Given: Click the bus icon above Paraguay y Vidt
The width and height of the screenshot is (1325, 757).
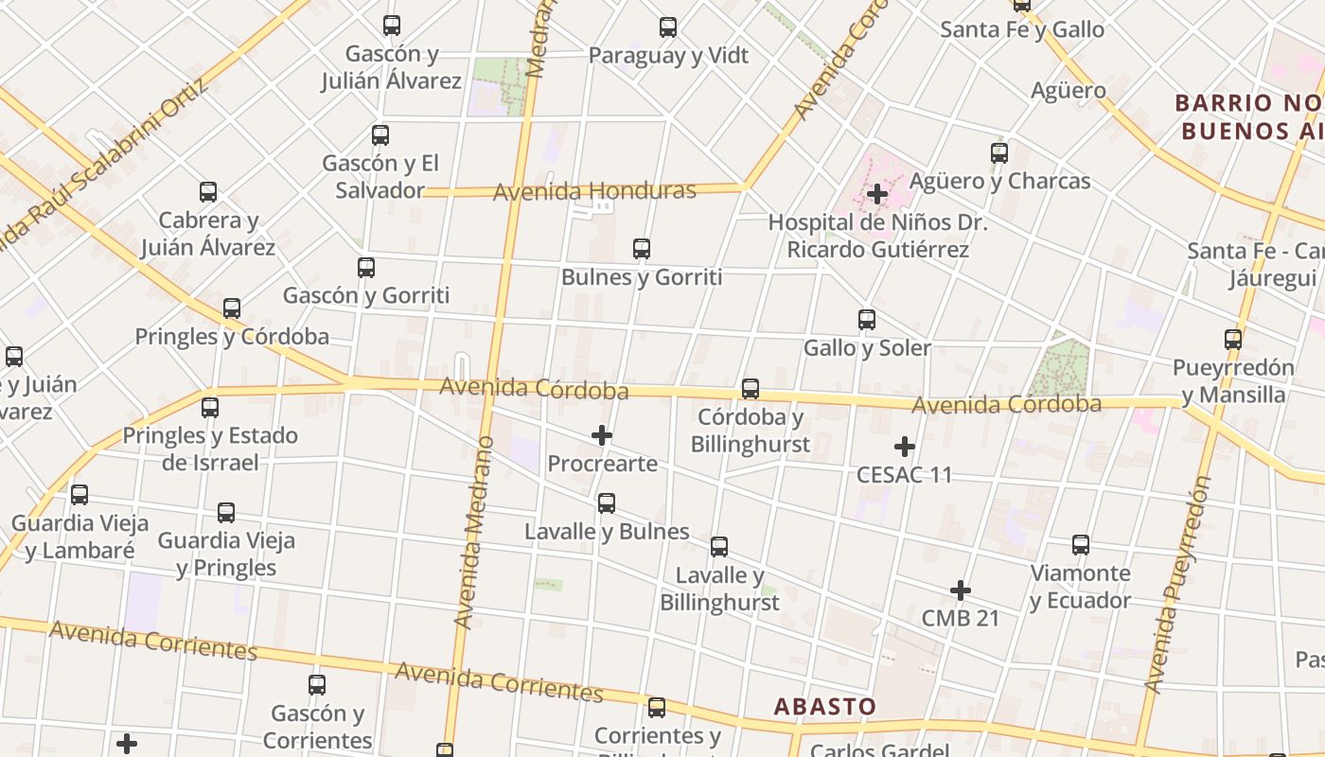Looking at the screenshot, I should pyautogui.click(x=668, y=27).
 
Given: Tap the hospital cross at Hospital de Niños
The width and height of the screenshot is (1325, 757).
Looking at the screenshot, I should pyautogui.click(x=877, y=195).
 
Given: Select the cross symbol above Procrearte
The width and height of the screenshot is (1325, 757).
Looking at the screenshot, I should pyautogui.click(x=602, y=435).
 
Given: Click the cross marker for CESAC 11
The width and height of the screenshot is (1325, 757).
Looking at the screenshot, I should pyautogui.click(x=905, y=447).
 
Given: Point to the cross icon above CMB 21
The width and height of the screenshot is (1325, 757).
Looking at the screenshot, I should pyautogui.click(x=961, y=590).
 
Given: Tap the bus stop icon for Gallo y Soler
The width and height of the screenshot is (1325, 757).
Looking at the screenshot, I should pyautogui.click(x=867, y=320).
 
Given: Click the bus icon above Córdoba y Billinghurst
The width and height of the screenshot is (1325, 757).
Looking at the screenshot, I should pyautogui.click(x=751, y=389).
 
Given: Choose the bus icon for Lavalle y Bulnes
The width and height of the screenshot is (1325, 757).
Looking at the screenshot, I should pyautogui.click(x=607, y=503).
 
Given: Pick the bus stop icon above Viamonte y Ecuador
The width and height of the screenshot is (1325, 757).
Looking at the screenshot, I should pyautogui.click(x=1081, y=545).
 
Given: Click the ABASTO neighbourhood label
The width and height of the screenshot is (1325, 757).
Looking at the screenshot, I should pyautogui.click(x=824, y=706).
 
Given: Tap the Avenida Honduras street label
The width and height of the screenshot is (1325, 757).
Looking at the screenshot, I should pyautogui.click(x=594, y=191).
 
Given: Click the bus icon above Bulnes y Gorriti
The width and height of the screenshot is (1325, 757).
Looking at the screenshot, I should pyautogui.click(x=642, y=249).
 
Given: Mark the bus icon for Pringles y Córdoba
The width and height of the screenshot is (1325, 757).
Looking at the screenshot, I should pyautogui.click(x=232, y=308).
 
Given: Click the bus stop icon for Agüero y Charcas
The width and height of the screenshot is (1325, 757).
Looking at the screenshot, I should pyautogui.click(x=999, y=153).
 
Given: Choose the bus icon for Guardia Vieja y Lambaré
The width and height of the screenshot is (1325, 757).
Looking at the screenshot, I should pyautogui.click(x=79, y=495).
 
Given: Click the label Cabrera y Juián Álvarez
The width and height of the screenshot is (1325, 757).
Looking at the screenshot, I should pyautogui.click(x=208, y=234).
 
